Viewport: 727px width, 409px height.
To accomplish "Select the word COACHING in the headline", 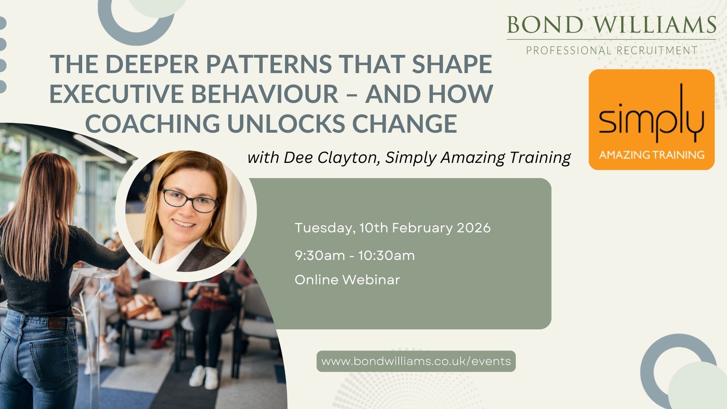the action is click(153, 124).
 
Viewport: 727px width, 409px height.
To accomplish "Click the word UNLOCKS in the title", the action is click(286, 124).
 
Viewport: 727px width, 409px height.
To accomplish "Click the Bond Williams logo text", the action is click(611, 25).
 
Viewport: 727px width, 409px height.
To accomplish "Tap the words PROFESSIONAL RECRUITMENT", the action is click(612, 51).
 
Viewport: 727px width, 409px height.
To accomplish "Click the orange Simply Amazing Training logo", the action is click(652, 120).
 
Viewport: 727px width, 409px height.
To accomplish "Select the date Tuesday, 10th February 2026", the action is click(393, 228).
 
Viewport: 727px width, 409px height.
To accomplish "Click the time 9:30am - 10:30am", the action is click(355, 256).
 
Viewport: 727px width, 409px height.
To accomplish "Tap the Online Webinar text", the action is click(347, 280).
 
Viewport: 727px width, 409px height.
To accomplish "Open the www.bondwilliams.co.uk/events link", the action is click(416, 361).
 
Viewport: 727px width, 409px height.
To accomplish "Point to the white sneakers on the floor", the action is click(203, 376).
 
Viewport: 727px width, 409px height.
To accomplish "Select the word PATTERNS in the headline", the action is click(269, 64).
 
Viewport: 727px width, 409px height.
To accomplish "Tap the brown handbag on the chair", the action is click(142, 307).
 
